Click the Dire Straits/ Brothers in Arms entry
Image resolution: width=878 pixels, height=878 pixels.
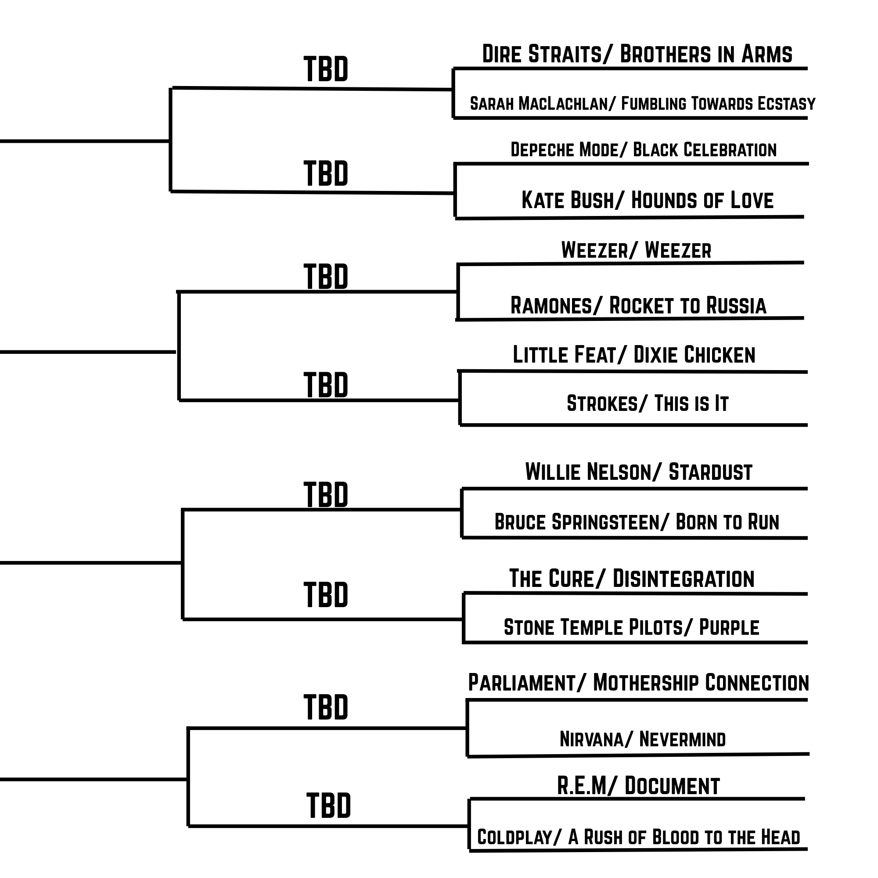coord(637,54)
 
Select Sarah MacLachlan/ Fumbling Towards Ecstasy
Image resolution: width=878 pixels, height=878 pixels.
coord(643,104)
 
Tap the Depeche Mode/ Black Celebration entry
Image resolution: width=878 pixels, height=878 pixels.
coord(644,150)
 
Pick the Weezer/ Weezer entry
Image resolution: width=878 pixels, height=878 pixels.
coord(636,250)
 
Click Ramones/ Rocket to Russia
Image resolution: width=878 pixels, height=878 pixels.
coord(638,305)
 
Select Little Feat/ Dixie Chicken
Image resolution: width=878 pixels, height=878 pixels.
coord(634,354)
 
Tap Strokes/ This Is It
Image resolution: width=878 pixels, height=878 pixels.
coord(648,403)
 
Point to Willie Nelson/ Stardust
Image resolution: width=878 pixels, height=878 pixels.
coord(638,472)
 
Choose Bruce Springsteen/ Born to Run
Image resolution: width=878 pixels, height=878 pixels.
coord(637,522)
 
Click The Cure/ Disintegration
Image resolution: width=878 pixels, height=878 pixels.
coord(632,579)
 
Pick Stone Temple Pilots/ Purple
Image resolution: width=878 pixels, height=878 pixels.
coord(632,627)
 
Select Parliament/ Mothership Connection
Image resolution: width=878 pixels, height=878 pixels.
coord(638,683)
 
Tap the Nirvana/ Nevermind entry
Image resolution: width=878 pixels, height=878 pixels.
coord(643,739)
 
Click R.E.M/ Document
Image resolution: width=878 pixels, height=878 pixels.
coord(638,786)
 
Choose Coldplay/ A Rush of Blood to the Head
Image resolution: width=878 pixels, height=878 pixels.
coord(638,837)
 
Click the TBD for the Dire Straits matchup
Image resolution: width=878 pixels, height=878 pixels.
coord(326,69)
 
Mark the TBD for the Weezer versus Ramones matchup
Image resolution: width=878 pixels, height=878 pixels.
coord(326,276)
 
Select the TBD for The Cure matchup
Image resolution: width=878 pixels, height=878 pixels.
coord(326,594)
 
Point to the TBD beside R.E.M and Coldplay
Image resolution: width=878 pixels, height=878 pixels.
coord(328,805)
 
